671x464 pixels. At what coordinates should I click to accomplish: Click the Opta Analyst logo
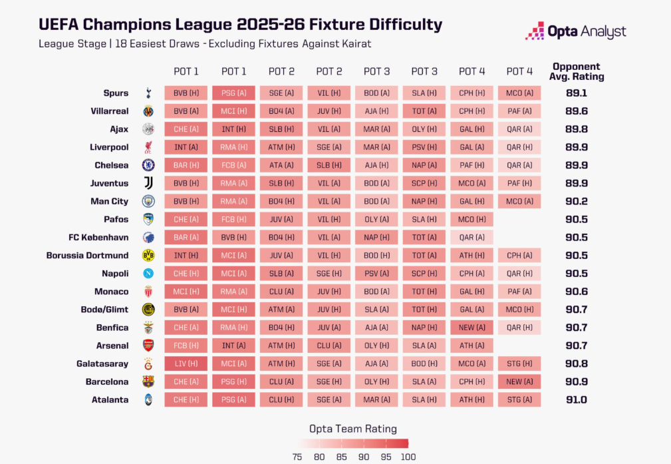pos(575,31)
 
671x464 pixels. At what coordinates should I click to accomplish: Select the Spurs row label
pos(116,93)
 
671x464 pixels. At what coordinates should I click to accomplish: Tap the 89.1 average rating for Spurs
pos(575,93)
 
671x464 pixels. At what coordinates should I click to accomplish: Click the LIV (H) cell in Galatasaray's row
pos(186,363)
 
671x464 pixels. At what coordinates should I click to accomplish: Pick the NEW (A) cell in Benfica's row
pos(471,328)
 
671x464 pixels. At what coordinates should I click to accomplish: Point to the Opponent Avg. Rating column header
pos(576,71)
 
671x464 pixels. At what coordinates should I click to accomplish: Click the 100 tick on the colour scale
pos(408,457)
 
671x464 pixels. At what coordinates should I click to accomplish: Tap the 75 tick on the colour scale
pos(297,457)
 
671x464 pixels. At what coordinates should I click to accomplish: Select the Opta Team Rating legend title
pos(353,429)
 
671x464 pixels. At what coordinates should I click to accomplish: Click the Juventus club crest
pos(148,183)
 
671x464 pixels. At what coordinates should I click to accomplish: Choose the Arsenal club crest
pos(148,346)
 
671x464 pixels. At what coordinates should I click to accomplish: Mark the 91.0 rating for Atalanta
pos(575,399)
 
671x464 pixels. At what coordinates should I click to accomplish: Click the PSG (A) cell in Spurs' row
pos(234,93)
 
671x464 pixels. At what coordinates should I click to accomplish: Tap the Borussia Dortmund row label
pos(88,255)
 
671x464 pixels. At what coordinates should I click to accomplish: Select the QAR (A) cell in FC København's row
pos(471,237)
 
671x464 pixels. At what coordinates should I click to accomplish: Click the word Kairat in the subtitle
pos(354,44)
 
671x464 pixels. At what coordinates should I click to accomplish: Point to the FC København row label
pos(98,237)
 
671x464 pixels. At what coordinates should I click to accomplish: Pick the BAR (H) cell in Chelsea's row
pos(186,165)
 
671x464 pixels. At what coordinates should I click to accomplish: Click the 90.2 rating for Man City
pos(575,201)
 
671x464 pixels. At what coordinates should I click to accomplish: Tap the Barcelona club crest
pos(148,381)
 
